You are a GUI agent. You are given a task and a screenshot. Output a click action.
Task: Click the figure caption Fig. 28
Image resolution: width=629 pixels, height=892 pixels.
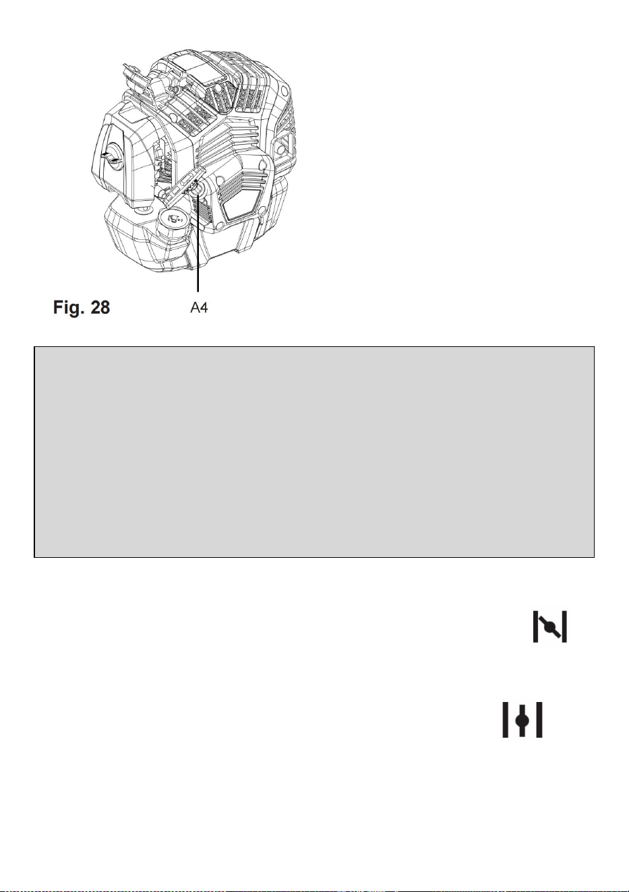coord(82,307)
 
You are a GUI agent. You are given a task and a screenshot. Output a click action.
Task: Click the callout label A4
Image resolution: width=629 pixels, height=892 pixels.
coord(199,307)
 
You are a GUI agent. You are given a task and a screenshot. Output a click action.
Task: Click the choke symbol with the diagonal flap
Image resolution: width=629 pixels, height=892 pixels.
coord(549,627)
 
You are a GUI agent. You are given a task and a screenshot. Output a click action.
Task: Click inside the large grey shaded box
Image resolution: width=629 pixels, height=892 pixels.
coord(314,451)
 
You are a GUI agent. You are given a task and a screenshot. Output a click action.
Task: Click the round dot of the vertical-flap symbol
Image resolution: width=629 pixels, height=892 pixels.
coord(522,720)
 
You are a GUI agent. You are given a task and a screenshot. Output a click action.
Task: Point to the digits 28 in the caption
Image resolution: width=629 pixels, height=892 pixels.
coord(100,307)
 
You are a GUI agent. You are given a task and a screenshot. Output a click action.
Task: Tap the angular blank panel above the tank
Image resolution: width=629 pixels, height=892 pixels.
coord(242,204)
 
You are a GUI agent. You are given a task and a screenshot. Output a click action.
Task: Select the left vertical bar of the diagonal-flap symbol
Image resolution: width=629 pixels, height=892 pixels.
coord(535,627)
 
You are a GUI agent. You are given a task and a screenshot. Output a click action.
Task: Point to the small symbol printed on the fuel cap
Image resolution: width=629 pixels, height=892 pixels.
coord(175,218)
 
